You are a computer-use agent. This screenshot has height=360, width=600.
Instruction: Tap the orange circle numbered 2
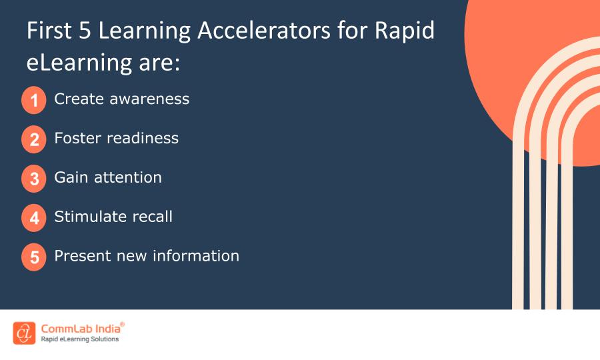tap(34, 140)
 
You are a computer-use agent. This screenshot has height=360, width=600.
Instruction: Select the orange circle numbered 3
tap(34, 179)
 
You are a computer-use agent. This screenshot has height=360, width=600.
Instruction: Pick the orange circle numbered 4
tap(34, 218)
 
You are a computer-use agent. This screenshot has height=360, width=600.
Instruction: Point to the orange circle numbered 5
tap(34, 257)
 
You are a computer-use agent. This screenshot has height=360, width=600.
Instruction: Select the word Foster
tap(76, 138)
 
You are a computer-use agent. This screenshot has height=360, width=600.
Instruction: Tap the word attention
tap(128, 177)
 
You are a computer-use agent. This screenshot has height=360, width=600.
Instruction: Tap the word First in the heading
tap(48, 31)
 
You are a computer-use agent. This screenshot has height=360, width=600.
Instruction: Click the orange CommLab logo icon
tap(24, 333)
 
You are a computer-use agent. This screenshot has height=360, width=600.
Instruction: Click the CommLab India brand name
tap(80, 328)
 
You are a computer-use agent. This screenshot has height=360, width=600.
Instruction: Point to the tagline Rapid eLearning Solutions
tap(80, 339)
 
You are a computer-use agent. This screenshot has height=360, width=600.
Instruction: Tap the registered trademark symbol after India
tap(122, 324)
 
